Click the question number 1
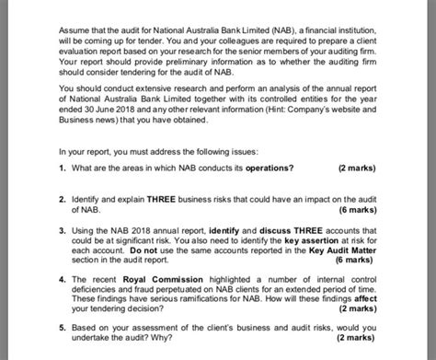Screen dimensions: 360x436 pos(61,168)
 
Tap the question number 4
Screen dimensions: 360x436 pos(61,277)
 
